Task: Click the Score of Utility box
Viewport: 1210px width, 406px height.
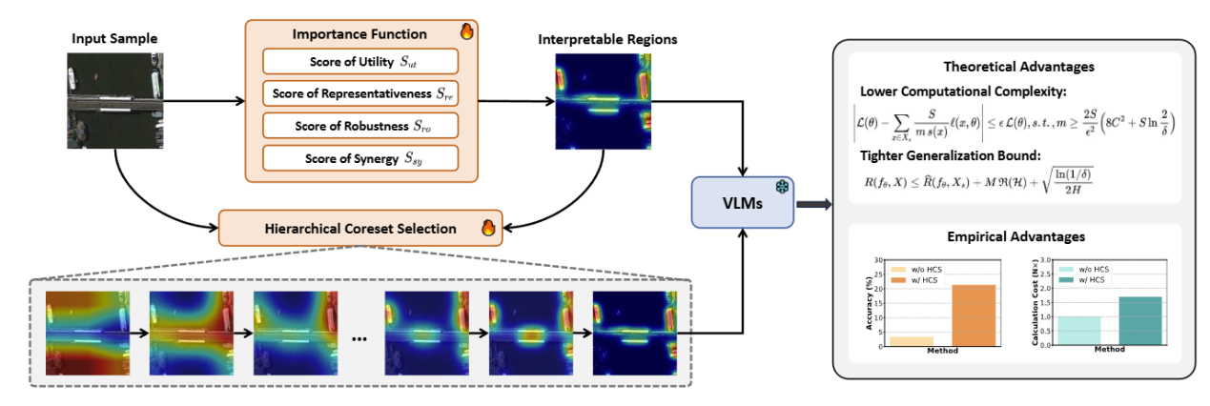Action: click(359, 62)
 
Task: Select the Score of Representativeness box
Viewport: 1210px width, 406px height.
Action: click(359, 93)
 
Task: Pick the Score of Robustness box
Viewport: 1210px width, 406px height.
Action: click(359, 125)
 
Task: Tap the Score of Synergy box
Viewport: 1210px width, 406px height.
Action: click(359, 156)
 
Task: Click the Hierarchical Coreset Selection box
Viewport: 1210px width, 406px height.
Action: click(360, 229)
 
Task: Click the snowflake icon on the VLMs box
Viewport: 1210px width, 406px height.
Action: click(779, 188)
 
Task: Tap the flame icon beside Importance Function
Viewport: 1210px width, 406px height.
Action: click(466, 31)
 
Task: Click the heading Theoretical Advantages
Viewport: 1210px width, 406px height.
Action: click(1018, 68)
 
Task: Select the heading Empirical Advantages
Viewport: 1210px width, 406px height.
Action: click(1018, 235)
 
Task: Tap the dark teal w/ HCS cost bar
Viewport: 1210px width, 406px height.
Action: click(1139, 320)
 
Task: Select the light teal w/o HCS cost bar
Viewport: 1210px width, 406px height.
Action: click(1078, 330)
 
